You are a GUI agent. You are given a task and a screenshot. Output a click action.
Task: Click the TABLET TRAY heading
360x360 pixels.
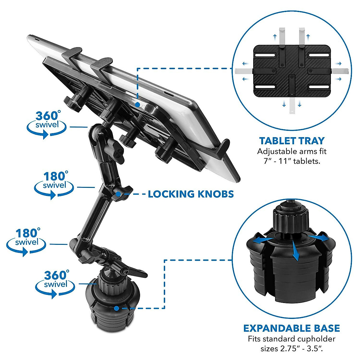coord(292,141)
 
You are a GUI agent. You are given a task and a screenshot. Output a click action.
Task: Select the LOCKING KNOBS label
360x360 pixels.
coord(191,194)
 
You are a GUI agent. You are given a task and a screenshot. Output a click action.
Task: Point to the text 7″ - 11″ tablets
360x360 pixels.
coord(292,161)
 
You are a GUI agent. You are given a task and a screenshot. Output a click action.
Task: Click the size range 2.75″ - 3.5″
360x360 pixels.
coord(292,349)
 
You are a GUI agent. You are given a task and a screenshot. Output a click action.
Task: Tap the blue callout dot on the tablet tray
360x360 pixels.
coord(137,105)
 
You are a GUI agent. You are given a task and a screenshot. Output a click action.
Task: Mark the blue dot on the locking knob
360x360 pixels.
coord(118,194)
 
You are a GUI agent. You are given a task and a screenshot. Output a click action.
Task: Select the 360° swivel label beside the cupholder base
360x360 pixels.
coord(54,283)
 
